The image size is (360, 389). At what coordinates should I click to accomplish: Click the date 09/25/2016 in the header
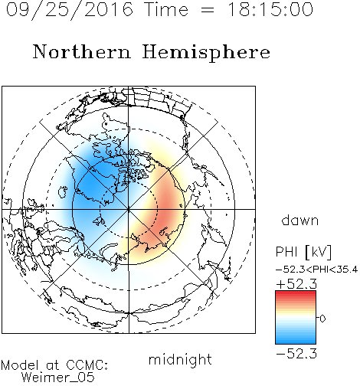[x=70, y=10]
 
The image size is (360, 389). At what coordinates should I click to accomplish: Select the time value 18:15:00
[x=270, y=9]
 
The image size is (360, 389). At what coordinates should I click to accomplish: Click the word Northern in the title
[x=82, y=51]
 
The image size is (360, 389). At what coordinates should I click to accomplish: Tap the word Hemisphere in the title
[x=206, y=53]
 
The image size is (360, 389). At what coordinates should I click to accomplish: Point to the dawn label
[x=300, y=220]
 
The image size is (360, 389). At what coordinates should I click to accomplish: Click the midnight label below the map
[x=180, y=361]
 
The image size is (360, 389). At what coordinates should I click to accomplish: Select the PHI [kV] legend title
[x=303, y=252]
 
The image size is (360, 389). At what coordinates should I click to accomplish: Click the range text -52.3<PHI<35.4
[x=316, y=270]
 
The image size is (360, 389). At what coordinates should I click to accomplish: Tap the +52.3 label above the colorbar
[x=296, y=284]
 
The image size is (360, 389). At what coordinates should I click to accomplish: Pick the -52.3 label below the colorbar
[x=296, y=353]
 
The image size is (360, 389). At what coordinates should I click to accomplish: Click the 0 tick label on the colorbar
[x=322, y=319]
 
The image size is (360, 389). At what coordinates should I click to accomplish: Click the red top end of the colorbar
[x=296, y=293]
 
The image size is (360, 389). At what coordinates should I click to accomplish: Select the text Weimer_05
[x=58, y=378]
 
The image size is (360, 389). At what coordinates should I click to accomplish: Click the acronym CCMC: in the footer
[x=87, y=365]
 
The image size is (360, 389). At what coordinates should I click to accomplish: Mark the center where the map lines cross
[x=129, y=209]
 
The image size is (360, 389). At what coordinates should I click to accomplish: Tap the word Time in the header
[x=166, y=9]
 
